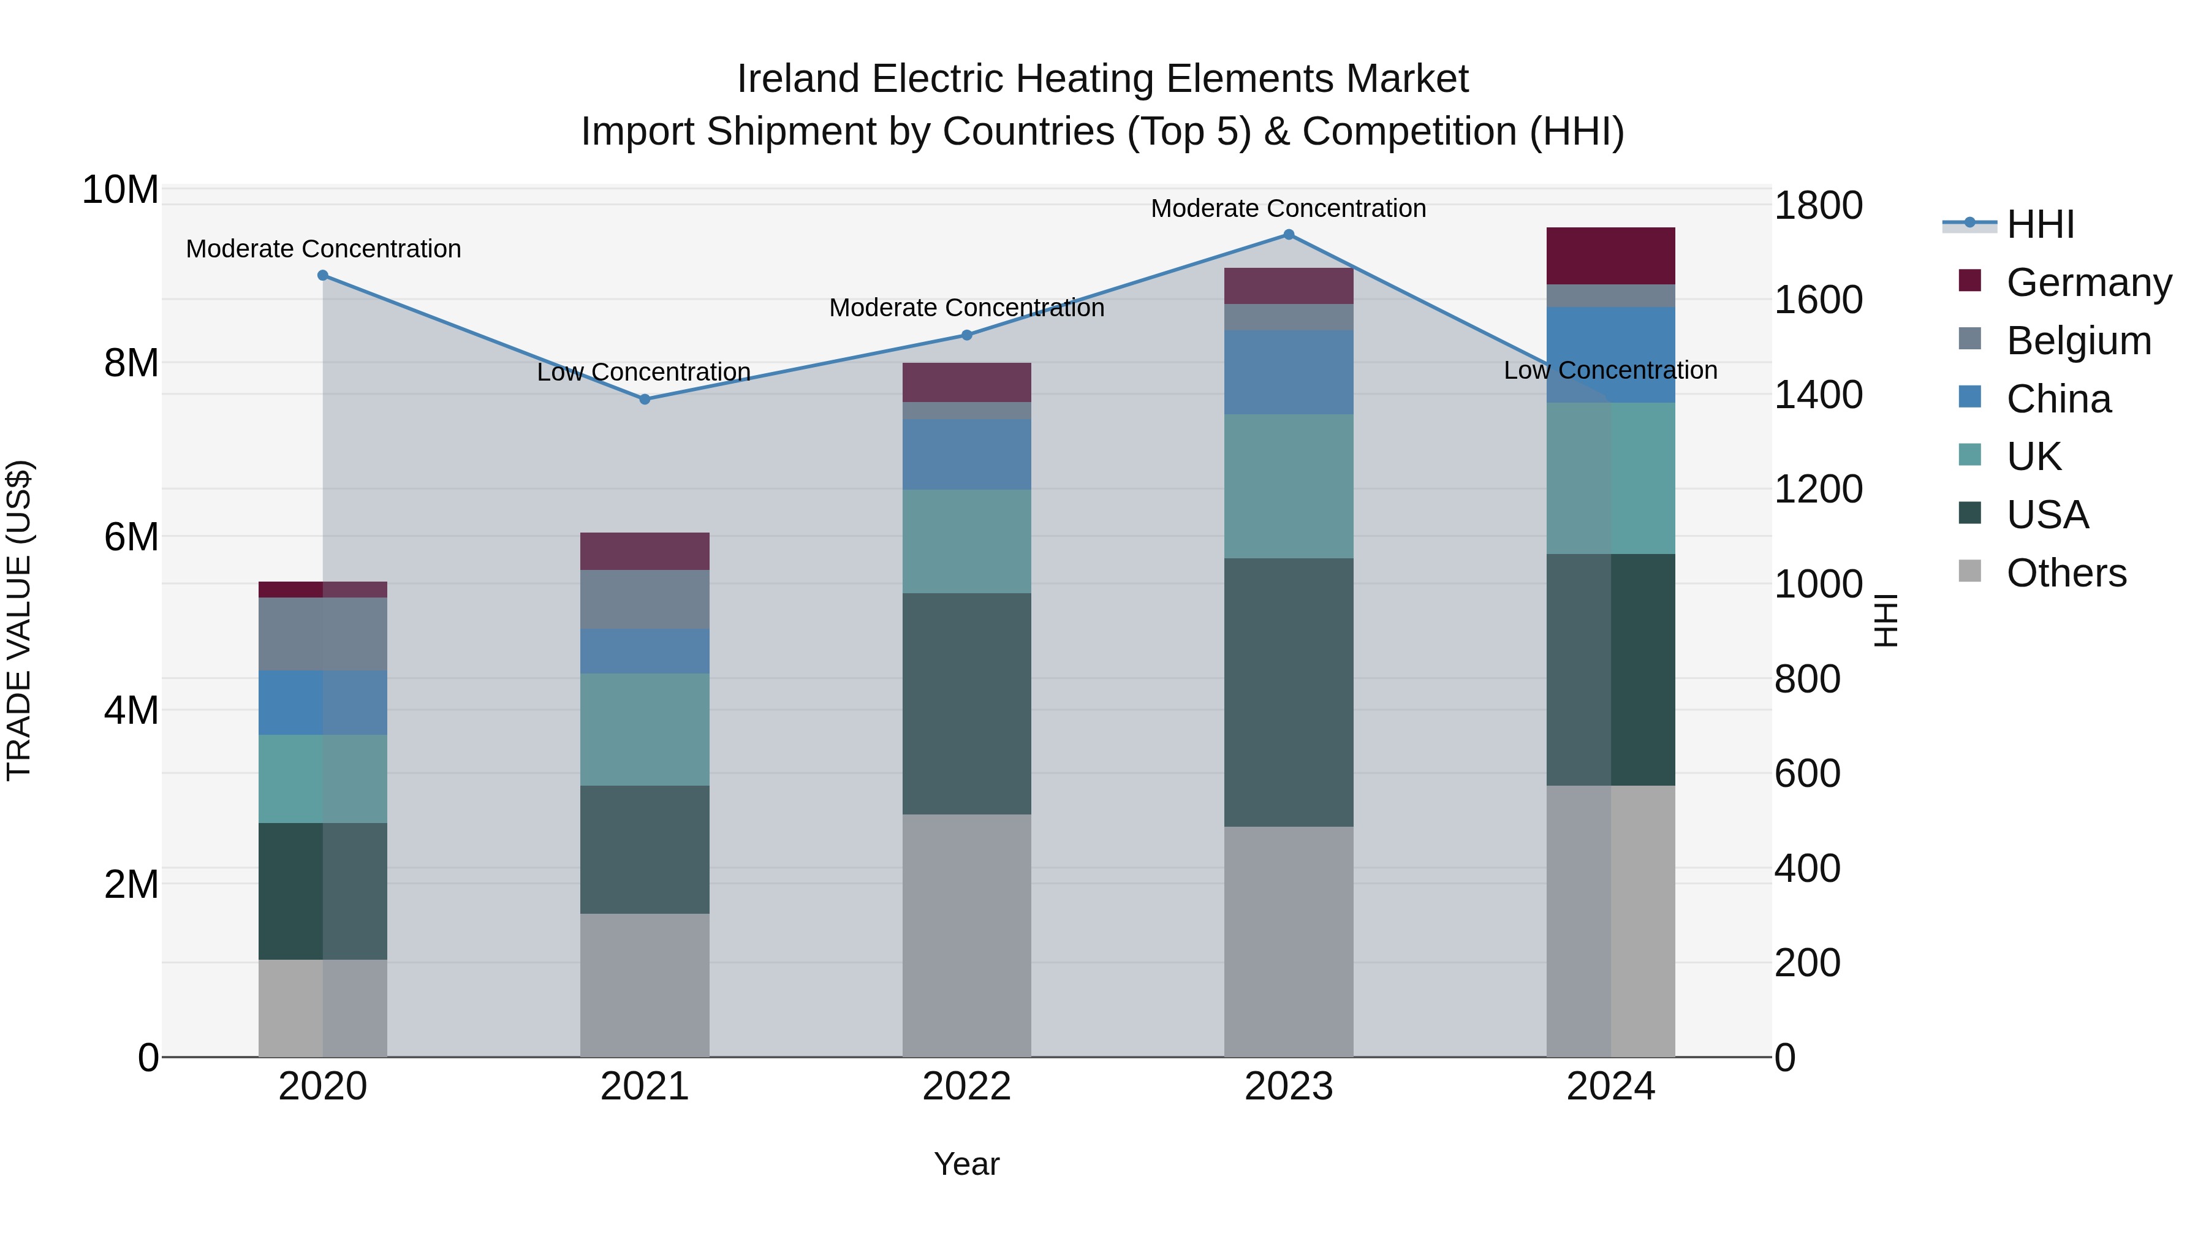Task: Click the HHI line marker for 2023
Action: coord(1288,235)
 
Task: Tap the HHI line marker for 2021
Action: coord(645,399)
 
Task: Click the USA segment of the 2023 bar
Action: coord(1288,692)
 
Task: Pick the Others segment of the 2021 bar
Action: coord(645,985)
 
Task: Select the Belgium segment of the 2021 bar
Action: coord(645,599)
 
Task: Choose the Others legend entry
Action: coord(2066,573)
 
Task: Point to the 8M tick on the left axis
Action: coord(131,363)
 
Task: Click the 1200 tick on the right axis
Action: coord(1818,489)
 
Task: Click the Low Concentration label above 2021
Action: coord(643,372)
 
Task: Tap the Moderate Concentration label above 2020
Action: coord(323,249)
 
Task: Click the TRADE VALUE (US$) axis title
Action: coord(20,620)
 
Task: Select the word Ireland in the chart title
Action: coord(797,79)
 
